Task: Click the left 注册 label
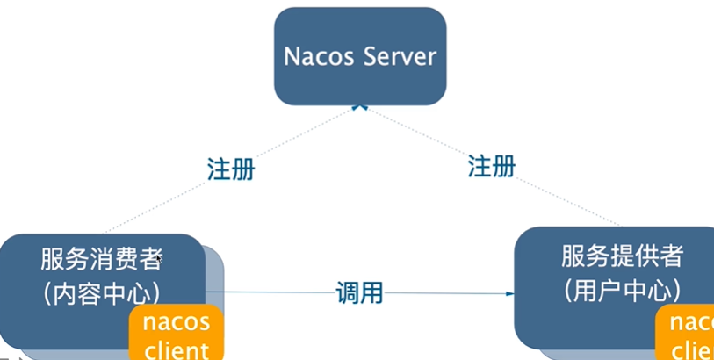tap(231, 169)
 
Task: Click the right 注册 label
tap(492, 165)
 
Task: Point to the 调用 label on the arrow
tap(360, 292)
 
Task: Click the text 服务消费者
tap(101, 259)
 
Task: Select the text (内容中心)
tap(101, 292)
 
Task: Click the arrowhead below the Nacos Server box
tap(357, 106)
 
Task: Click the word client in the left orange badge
tap(177, 349)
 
